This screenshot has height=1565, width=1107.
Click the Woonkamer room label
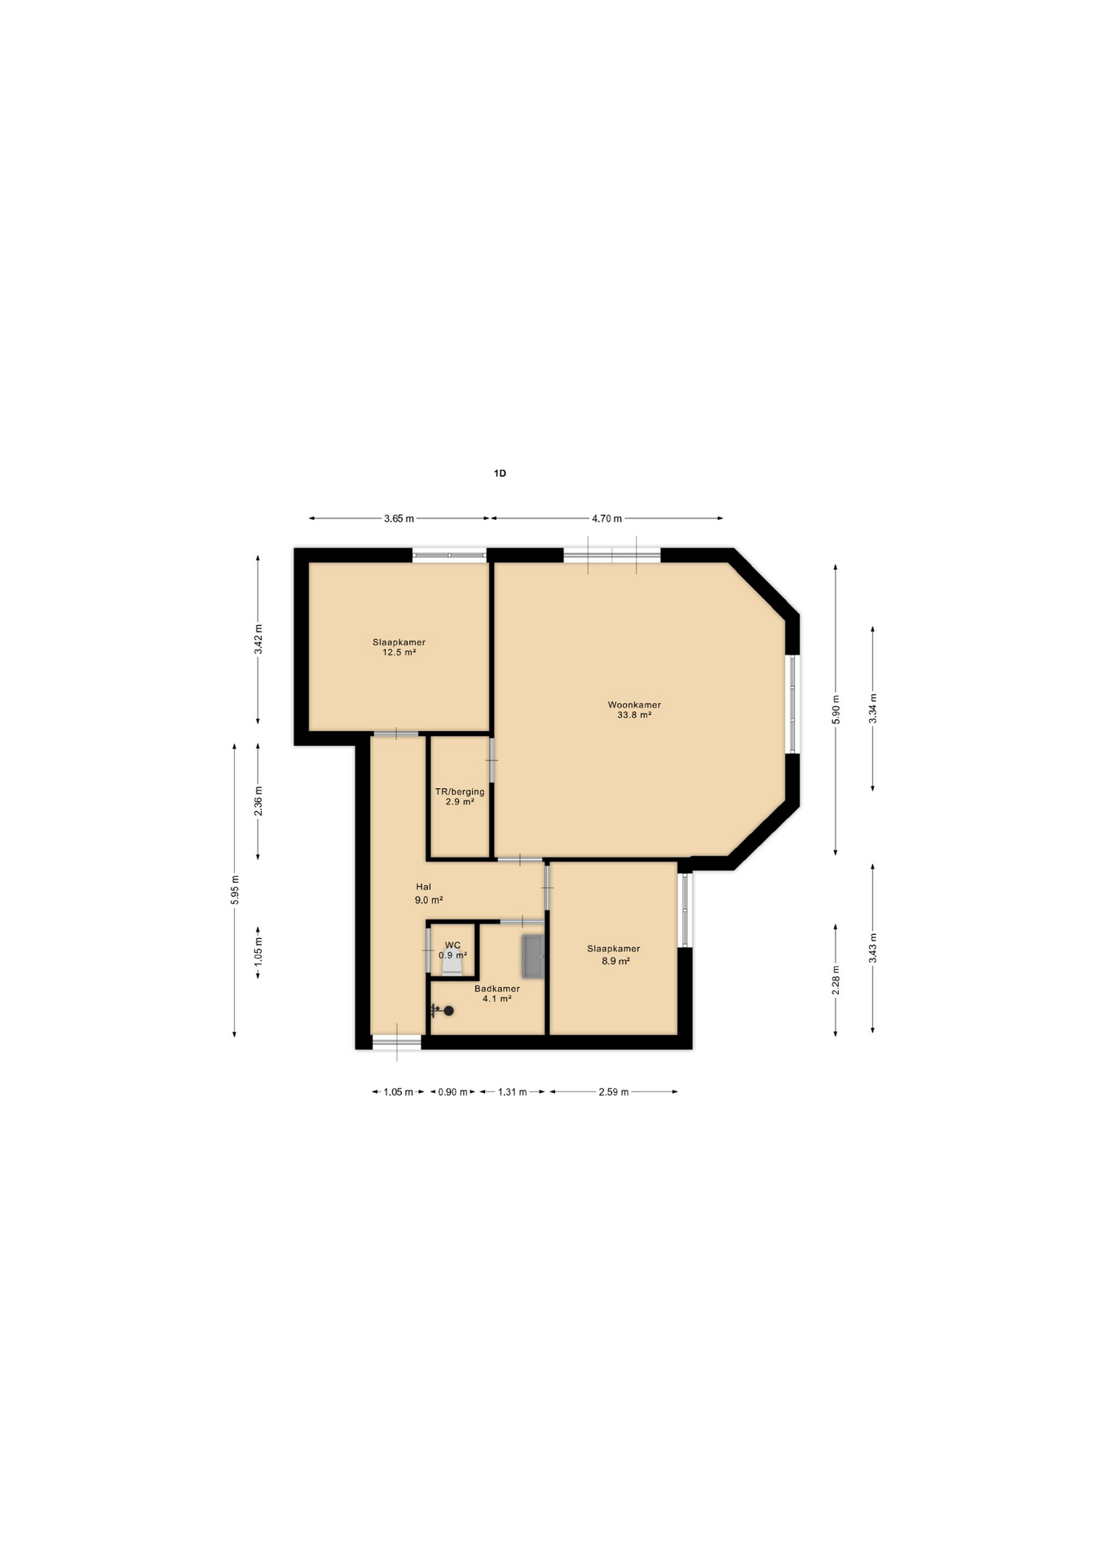click(634, 705)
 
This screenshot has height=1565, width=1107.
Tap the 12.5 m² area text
click(399, 652)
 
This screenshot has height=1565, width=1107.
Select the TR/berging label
click(460, 791)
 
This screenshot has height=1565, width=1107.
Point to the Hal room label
click(423, 887)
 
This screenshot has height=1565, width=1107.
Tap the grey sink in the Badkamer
click(533, 956)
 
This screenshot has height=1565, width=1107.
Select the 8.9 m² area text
click(615, 961)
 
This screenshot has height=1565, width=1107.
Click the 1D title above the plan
click(500, 473)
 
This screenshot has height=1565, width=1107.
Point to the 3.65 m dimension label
click(399, 518)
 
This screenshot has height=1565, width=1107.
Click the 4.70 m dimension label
click(606, 518)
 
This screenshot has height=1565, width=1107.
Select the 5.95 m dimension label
click(235, 889)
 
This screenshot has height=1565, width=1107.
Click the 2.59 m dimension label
click(613, 1092)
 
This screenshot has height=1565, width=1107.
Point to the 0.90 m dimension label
click(452, 1092)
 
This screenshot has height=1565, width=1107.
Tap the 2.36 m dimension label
click(258, 801)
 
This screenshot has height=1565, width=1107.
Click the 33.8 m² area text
click(634, 715)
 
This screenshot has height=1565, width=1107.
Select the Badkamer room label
click(497, 989)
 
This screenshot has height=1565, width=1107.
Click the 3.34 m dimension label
click(873, 708)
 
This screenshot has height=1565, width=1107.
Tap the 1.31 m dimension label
click(512, 1092)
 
